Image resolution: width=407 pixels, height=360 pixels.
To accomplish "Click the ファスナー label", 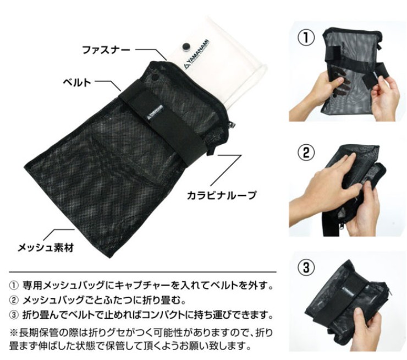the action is pyautogui.click(x=106, y=50).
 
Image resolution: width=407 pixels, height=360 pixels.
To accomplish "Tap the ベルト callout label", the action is pyautogui.click(x=77, y=82).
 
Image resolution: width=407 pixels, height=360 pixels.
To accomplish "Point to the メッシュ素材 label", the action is pyautogui.click(x=46, y=247).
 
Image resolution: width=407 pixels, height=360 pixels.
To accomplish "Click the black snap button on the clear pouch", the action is pyautogui.click(x=186, y=46).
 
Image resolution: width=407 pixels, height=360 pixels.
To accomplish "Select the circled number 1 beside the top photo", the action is pyautogui.click(x=306, y=37).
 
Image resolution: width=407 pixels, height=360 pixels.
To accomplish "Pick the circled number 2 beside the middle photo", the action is pyautogui.click(x=306, y=152).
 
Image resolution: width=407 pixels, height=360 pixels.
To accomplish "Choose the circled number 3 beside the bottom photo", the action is pyautogui.click(x=306, y=267).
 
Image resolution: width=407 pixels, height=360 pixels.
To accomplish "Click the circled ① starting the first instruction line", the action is pyautogui.click(x=14, y=286).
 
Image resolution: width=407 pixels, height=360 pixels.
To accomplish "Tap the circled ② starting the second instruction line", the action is pyautogui.click(x=14, y=301).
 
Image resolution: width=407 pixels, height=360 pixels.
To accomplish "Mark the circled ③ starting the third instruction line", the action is pyautogui.click(x=14, y=315).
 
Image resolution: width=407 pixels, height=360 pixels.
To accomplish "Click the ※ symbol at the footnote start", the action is pyautogui.click(x=13, y=332).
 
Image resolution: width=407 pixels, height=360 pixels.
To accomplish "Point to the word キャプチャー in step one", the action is pyautogui.click(x=144, y=286).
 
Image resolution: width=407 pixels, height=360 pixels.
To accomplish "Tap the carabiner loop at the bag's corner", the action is pyautogui.click(x=213, y=150).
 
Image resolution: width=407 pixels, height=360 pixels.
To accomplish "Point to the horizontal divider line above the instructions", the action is pyautogui.click(x=142, y=272).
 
